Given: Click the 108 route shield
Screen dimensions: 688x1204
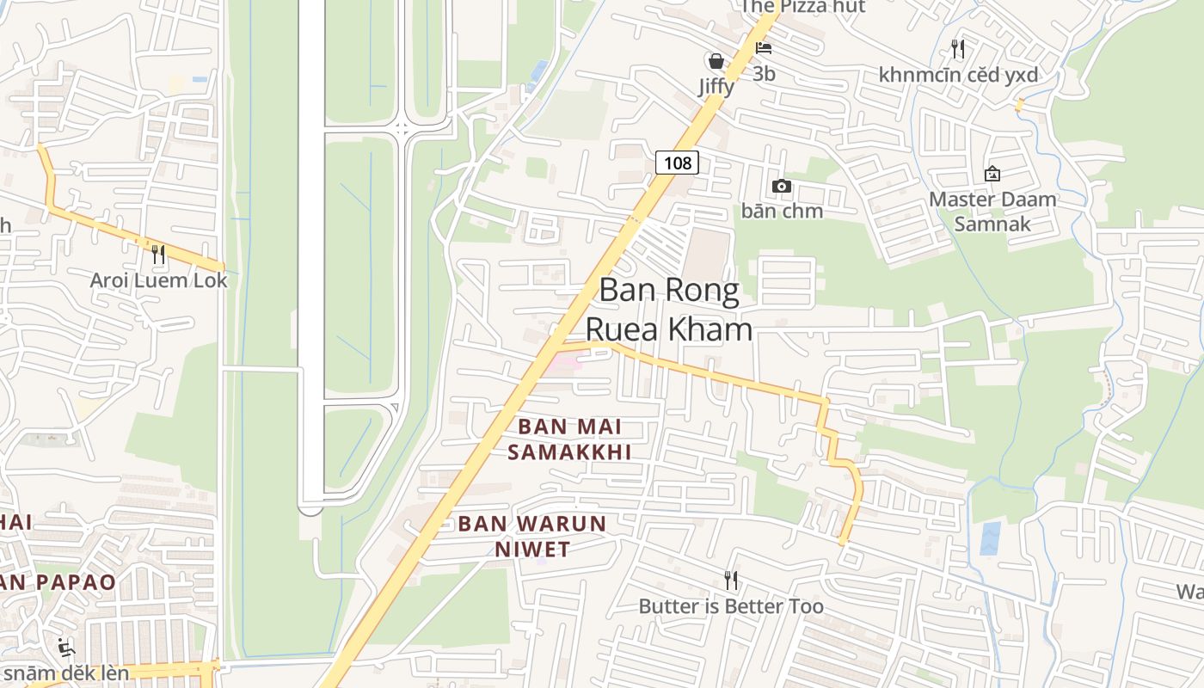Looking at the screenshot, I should click(677, 162).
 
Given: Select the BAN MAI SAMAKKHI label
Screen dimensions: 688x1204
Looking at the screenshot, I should click(569, 439).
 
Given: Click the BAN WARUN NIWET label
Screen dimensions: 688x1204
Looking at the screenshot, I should click(532, 536).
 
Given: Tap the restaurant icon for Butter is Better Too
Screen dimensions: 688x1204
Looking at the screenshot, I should click(731, 580).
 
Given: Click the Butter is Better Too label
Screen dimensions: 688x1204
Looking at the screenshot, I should click(731, 606).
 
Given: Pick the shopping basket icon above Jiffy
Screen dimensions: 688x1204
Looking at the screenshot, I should click(716, 61).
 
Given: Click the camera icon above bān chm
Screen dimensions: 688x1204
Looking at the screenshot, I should click(782, 186).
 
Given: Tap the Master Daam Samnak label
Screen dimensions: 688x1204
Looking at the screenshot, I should click(992, 212).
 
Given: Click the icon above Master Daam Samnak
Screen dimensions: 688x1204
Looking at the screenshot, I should click(992, 174).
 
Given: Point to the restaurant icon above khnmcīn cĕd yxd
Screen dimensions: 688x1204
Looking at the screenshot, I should click(958, 48).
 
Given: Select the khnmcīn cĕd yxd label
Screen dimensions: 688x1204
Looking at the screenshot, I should click(958, 75).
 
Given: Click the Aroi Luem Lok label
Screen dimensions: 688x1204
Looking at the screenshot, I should click(159, 280).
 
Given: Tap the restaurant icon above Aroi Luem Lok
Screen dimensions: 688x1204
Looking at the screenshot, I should click(157, 254).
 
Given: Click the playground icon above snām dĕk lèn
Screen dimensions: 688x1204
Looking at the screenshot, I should click(65, 646).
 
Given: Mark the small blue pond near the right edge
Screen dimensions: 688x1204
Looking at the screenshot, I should click(991, 537).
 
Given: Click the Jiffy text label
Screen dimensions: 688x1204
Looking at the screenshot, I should click(716, 87).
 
